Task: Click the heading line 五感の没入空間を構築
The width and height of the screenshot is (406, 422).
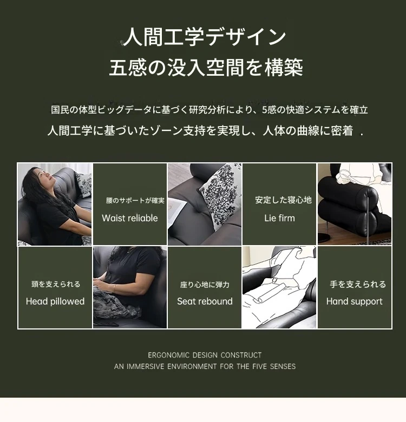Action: tap(206, 67)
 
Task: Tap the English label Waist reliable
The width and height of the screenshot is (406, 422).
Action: tap(130, 218)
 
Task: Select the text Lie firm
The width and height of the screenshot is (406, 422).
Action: tap(279, 218)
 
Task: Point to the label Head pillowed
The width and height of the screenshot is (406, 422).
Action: tap(55, 301)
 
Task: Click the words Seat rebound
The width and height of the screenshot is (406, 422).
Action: tap(205, 301)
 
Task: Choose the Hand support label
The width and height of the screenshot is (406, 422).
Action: tap(355, 301)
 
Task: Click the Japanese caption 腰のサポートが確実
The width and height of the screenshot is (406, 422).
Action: tap(135, 201)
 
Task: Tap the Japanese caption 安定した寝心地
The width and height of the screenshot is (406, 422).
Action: tap(283, 200)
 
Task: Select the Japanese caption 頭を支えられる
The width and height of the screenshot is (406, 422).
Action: tap(56, 284)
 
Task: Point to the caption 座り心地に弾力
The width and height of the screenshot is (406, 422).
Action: tap(205, 285)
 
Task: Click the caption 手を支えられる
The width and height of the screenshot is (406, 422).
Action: tap(358, 284)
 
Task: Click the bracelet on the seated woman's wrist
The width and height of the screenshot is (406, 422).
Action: tap(115, 288)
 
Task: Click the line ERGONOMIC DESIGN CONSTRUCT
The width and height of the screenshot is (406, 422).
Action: tap(205, 355)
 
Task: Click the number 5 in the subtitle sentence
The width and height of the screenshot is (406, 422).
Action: tap(264, 110)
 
